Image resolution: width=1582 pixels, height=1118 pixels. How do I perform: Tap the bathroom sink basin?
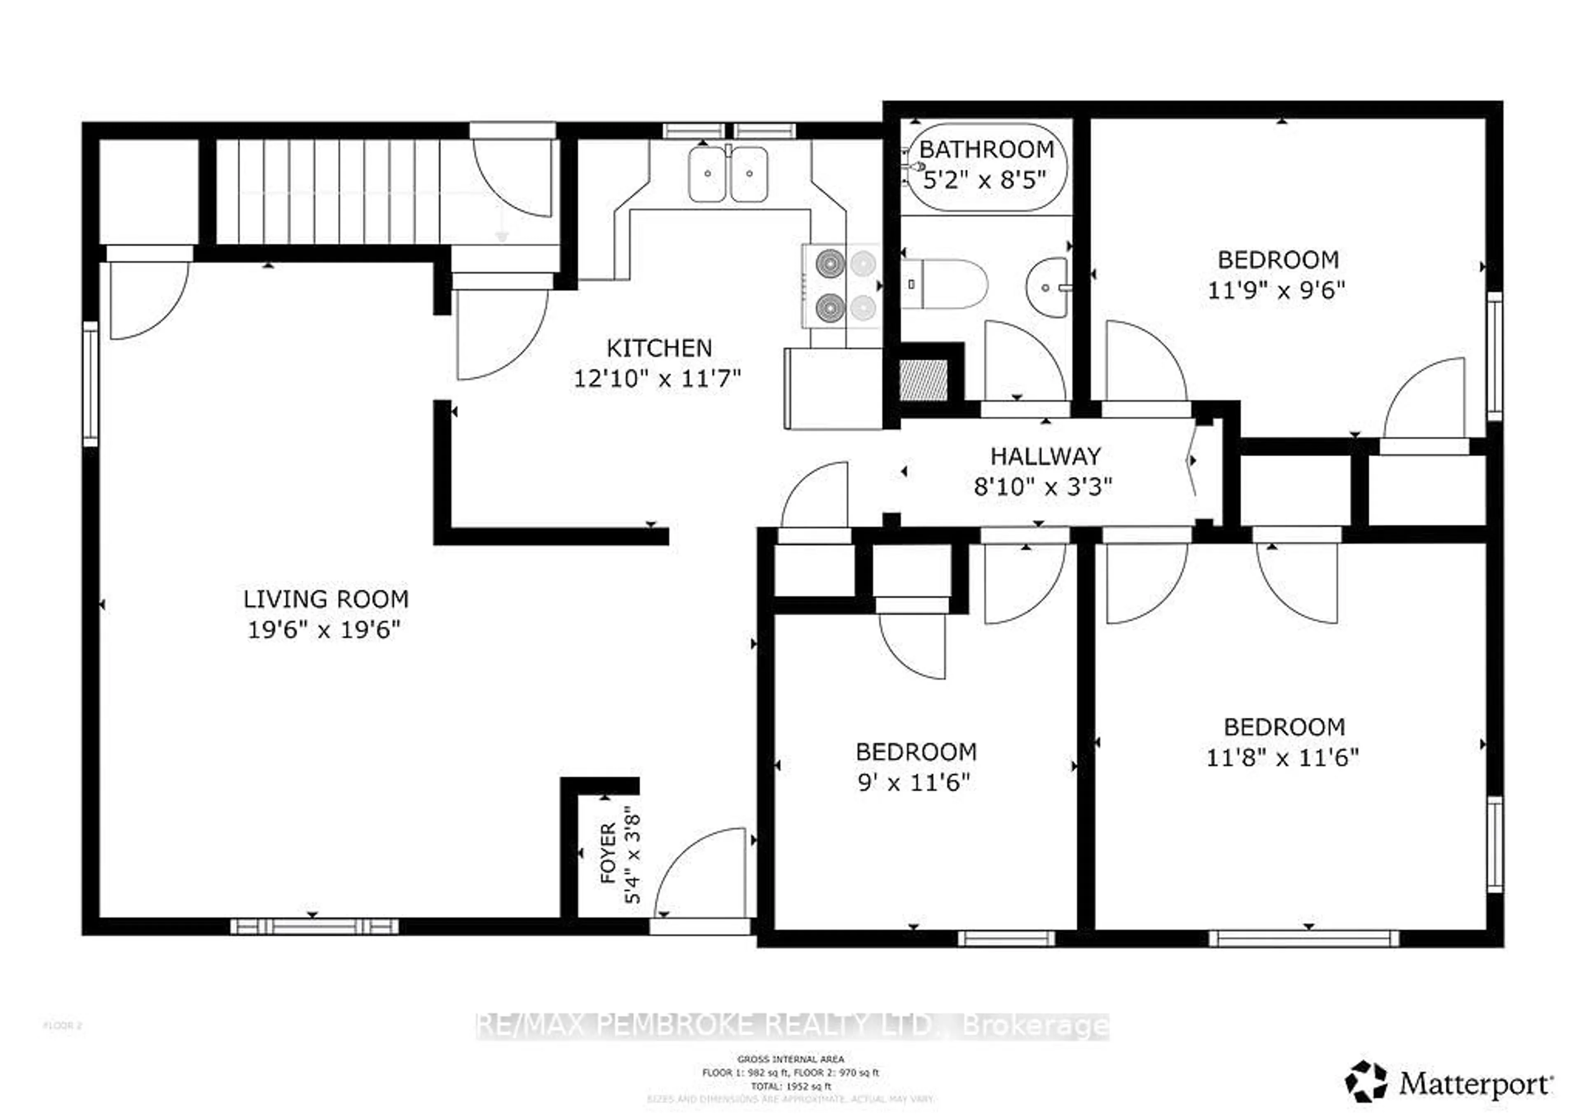[1047, 288]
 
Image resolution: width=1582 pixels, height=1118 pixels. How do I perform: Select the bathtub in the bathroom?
[987, 167]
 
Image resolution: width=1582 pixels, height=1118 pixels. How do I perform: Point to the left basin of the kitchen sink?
[707, 174]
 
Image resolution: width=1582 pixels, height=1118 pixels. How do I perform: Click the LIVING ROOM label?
[326, 599]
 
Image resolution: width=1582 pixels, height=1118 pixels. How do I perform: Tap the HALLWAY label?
[1045, 456]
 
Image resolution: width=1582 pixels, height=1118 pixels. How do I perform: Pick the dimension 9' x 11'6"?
[914, 782]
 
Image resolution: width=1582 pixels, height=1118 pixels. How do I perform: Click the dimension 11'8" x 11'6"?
[1282, 758]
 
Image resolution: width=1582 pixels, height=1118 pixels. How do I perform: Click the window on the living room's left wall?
[90, 384]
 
